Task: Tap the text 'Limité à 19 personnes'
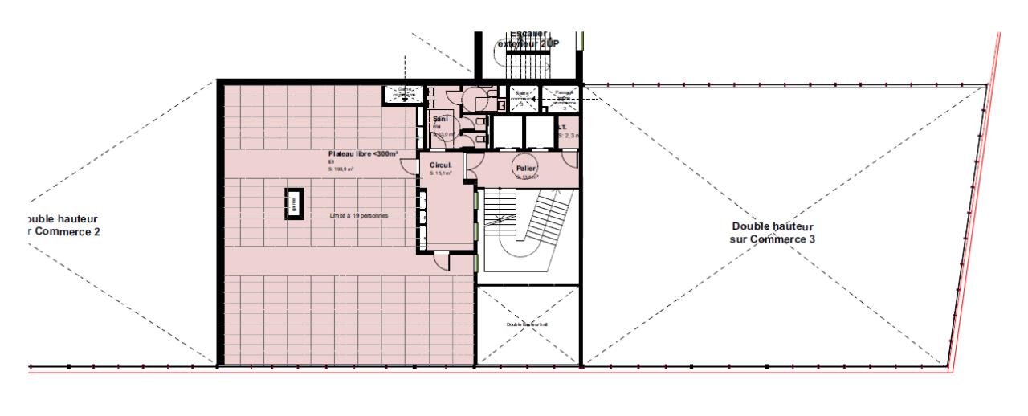366,216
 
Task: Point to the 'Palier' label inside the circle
526,168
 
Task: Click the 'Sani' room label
439,119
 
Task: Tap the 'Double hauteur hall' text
527,324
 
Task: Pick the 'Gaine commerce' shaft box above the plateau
403,94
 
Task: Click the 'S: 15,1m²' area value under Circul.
441,173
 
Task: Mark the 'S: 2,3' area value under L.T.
569,136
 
